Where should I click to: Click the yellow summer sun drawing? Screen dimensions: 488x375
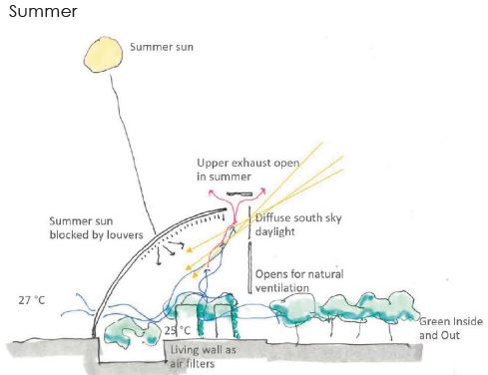tap(103, 55)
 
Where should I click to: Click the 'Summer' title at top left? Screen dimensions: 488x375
tap(43, 12)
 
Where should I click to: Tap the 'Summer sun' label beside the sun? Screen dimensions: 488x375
tap(162, 47)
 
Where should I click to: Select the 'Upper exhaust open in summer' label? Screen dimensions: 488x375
tap(248, 170)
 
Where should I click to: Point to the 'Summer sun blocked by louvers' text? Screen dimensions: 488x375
tap(96, 228)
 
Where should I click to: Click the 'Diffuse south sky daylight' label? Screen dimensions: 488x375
tap(298, 224)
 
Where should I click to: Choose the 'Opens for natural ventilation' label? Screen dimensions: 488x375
tap(299, 281)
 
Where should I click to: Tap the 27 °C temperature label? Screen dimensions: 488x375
tap(32, 300)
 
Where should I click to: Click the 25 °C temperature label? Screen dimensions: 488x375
tap(178, 330)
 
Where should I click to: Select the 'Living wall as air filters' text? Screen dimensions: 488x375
tap(203, 356)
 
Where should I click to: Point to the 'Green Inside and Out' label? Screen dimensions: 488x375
tap(451, 328)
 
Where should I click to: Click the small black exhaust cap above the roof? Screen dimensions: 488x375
tap(240, 193)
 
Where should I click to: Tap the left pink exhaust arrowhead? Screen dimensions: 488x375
tap(211, 191)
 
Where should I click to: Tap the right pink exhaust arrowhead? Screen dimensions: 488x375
tap(263, 190)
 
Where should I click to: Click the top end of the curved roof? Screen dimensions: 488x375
tap(226, 209)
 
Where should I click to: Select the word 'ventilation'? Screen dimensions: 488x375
tap(281, 288)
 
